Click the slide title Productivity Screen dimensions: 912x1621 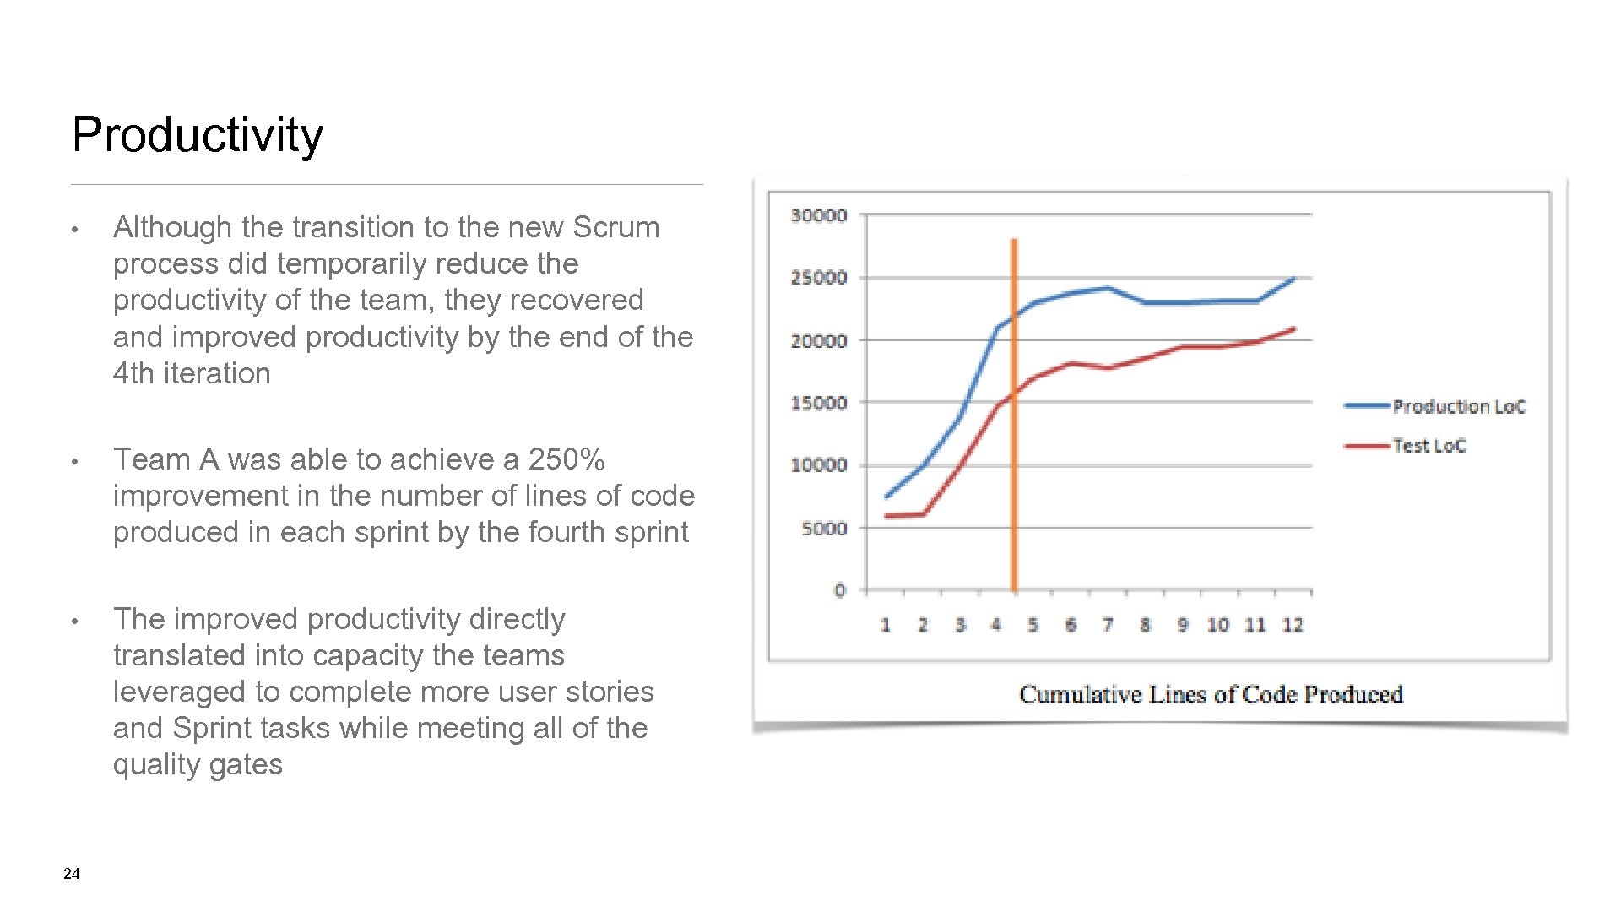(198, 135)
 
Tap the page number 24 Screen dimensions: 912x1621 (72, 874)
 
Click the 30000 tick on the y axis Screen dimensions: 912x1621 (818, 215)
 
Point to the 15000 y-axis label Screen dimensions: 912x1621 (818, 403)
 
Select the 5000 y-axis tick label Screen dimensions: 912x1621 (823, 529)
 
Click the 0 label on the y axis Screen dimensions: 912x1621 (839, 590)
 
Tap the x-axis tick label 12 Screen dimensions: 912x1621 (1293, 625)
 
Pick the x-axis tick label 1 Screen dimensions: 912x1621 (885, 625)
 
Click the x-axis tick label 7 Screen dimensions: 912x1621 (1108, 625)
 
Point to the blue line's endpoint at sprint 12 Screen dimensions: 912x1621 (1294, 279)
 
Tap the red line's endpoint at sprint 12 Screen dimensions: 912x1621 (1294, 329)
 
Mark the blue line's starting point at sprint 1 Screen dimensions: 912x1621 (886, 497)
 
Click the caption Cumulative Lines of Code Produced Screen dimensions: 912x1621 (1211, 694)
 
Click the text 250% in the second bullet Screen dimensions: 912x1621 (567, 459)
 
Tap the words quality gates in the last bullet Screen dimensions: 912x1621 (198, 764)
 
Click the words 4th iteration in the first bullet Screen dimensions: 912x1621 (192, 373)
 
